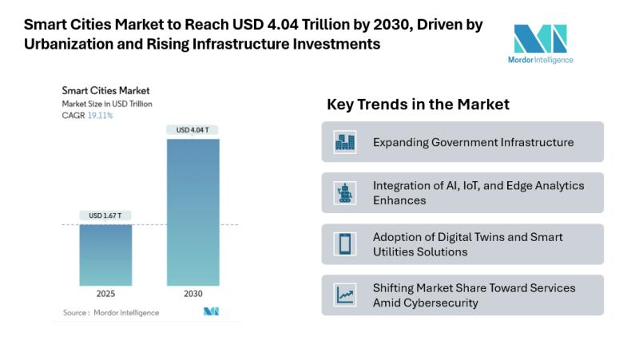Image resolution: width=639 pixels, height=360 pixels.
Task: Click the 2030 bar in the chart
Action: point(192,212)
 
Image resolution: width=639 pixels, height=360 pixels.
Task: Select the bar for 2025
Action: point(105,255)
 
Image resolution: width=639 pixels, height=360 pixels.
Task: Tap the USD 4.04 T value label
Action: point(192,129)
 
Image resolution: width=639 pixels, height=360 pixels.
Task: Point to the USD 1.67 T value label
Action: point(105,215)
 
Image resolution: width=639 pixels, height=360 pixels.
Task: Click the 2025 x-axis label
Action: point(105,294)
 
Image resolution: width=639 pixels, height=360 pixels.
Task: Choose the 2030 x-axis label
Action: point(192,294)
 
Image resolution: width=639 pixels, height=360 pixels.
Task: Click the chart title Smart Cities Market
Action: point(105,91)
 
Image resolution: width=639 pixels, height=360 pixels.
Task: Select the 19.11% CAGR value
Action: point(100,116)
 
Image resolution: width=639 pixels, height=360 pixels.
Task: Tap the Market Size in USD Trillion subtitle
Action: point(107,104)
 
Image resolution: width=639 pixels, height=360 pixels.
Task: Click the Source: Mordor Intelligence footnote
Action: point(111,312)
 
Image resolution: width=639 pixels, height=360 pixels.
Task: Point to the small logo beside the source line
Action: point(211,311)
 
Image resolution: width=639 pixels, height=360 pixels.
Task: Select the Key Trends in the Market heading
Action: point(418,105)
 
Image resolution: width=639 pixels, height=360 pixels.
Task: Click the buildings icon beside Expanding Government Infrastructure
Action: point(345,142)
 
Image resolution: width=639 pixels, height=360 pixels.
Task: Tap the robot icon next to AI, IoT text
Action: point(345,192)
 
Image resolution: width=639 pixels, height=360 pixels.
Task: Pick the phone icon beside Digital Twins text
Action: point(345,243)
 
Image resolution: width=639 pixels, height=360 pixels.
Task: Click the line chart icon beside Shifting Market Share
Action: point(345,295)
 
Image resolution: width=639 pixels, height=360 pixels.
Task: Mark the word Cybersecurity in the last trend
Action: point(442,303)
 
